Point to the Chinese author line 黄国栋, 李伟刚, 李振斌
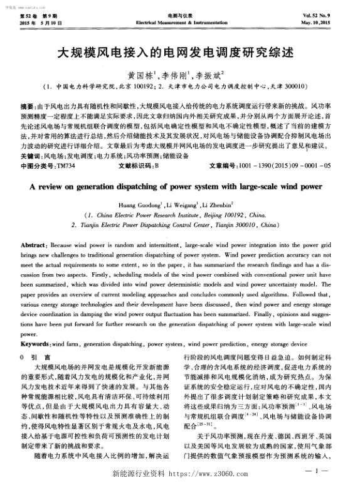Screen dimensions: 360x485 [x=179, y=73]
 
